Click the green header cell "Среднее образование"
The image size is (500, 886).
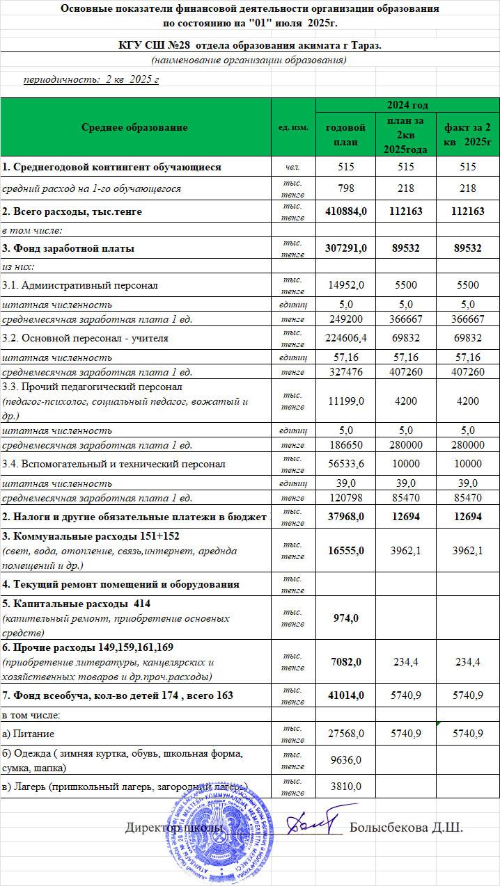pos(134,127)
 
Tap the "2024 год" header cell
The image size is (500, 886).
pos(407,105)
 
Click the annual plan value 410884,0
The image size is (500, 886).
pos(345,211)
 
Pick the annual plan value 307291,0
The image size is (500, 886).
pos(345,248)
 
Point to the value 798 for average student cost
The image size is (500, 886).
pos(345,188)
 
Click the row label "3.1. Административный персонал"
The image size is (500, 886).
pos(80,285)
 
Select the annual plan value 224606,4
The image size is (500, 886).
pos(345,338)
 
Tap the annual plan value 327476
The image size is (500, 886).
pos(345,371)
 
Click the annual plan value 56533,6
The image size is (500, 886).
pos(345,464)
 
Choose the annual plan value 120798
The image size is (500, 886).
pos(345,498)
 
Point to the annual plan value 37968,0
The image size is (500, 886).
pos(345,517)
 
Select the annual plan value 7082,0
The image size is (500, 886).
pos(345,661)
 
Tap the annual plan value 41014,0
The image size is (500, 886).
pos(345,695)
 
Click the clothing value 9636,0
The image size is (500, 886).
pos(345,760)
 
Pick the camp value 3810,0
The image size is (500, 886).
pos(345,786)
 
